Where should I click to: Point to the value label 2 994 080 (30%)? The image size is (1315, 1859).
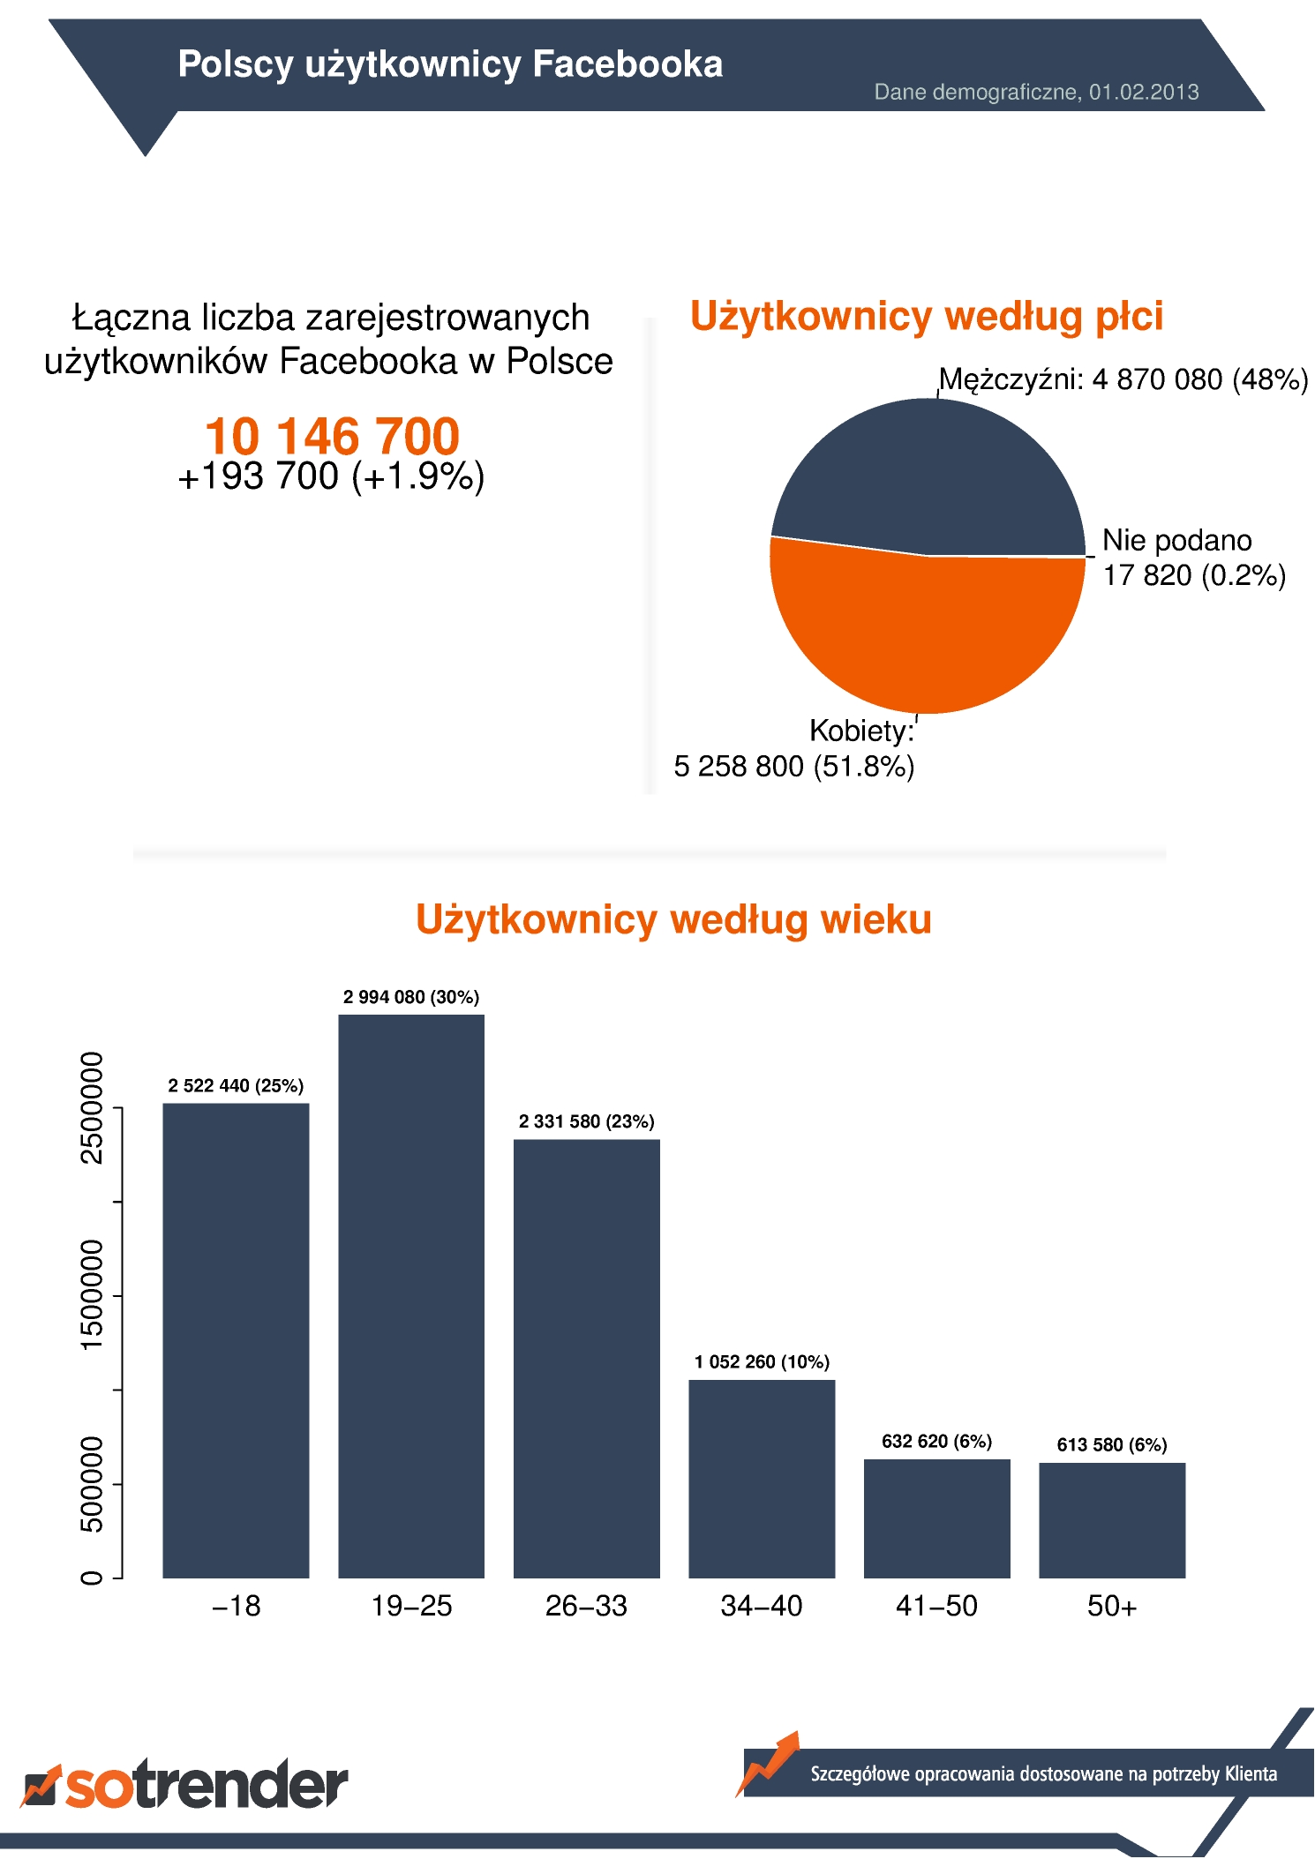[411, 997]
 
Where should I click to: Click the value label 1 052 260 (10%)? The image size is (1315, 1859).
[762, 1361]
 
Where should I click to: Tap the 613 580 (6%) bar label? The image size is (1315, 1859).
[1112, 1444]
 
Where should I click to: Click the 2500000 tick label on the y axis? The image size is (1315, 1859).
[92, 1107]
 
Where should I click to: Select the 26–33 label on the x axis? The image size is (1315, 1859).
[586, 1606]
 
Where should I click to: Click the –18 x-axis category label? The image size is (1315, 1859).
[237, 1606]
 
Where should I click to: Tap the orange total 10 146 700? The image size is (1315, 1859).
[332, 436]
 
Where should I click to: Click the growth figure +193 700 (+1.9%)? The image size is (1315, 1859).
[332, 476]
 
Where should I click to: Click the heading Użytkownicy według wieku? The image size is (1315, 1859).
[673, 919]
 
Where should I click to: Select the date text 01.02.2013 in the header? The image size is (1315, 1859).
[1144, 92]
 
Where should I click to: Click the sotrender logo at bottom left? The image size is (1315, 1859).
[184, 1784]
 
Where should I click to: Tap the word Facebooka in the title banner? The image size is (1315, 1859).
[627, 64]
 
